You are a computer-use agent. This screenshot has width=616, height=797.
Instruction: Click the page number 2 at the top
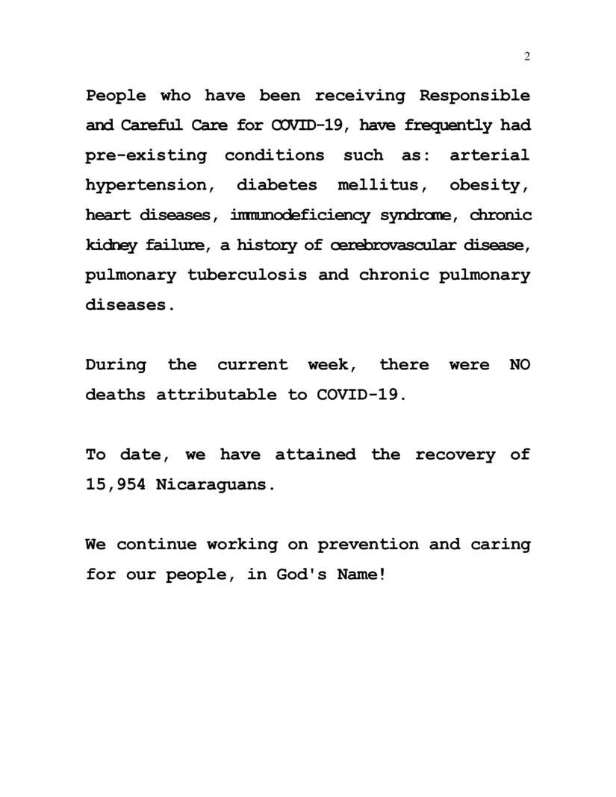527,57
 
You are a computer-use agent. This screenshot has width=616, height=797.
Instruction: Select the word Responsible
475,96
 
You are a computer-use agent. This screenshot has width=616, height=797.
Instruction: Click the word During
116,365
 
